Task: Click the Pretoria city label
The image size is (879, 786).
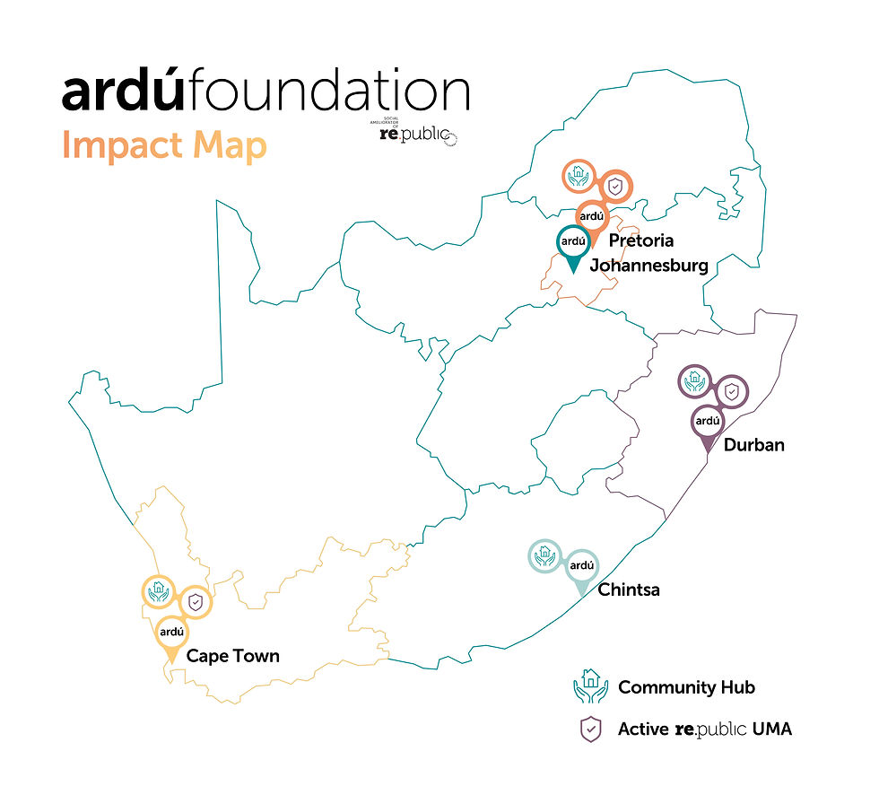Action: point(640,240)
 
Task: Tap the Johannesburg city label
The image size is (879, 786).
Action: point(648,266)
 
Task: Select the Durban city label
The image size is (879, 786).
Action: point(753,444)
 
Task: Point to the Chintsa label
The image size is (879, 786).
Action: point(629,589)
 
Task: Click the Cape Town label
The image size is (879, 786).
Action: point(232,657)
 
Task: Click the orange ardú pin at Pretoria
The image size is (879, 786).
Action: point(592,216)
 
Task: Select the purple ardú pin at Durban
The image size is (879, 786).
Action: point(708,420)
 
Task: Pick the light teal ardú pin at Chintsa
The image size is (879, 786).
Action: point(582,565)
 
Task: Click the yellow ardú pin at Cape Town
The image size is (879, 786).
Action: point(171,632)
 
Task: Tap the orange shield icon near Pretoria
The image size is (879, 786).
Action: point(615,187)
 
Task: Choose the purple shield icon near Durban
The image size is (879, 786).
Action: point(731,391)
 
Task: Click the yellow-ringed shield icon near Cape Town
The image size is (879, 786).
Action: point(195,602)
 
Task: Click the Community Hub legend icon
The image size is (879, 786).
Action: point(590,686)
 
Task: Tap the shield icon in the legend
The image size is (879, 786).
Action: point(590,729)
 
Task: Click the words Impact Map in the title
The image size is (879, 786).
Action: point(164,145)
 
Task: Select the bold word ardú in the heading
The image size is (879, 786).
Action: point(126,93)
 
